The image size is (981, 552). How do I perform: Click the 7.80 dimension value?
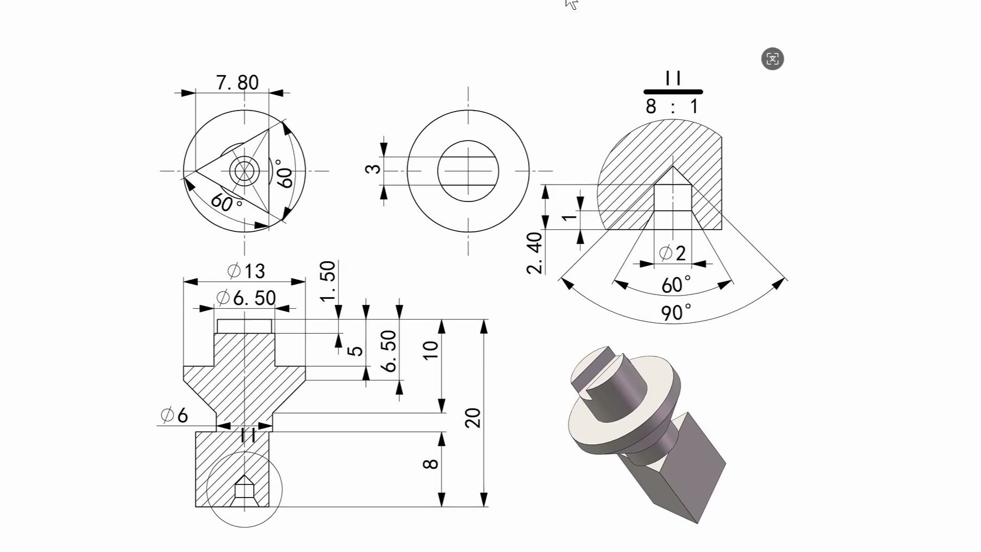point(237,83)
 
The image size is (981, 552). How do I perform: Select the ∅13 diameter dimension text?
point(246,271)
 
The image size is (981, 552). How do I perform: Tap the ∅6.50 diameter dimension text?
point(246,298)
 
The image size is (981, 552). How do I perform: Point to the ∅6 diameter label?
point(174,415)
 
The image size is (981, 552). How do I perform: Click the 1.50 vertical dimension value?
point(328,281)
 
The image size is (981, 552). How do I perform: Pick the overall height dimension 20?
point(473,418)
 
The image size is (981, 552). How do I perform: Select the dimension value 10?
point(430,350)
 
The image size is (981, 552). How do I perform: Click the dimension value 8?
point(430,464)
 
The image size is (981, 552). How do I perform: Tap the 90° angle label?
point(676,312)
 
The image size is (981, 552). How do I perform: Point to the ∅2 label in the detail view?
point(672,253)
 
